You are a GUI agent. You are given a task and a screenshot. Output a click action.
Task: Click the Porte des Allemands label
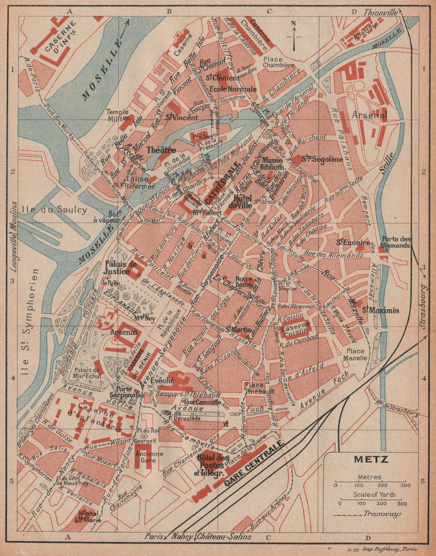(x=395, y=242)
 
